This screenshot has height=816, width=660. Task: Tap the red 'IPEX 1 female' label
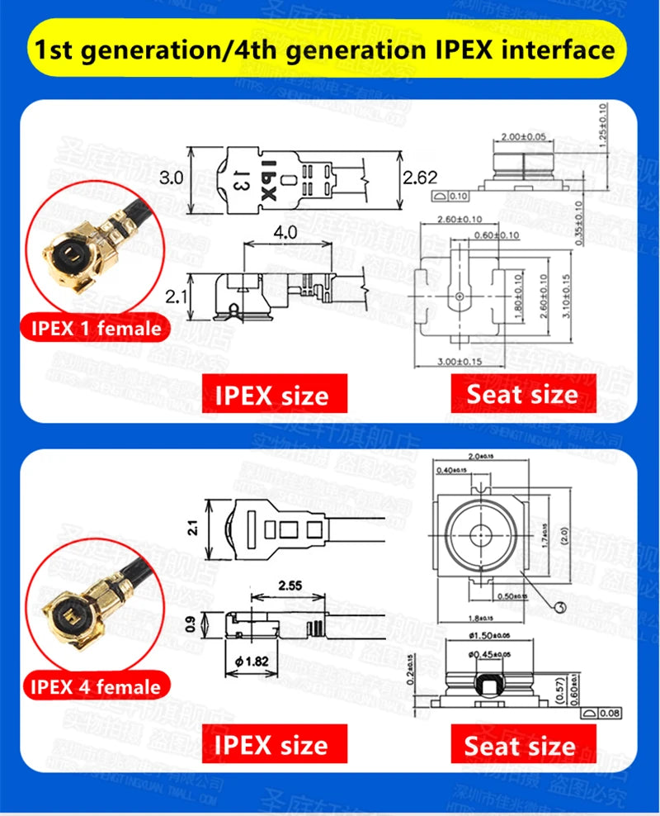click(96, 328)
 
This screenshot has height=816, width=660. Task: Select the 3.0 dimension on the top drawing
click(171, 178)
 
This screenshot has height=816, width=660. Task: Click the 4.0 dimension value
click(285, 233)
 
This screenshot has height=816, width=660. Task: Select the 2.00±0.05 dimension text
click(523, 136)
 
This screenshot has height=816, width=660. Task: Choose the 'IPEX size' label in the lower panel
click(271, 745)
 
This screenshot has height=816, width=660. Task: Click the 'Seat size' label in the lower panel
click(520, 747)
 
